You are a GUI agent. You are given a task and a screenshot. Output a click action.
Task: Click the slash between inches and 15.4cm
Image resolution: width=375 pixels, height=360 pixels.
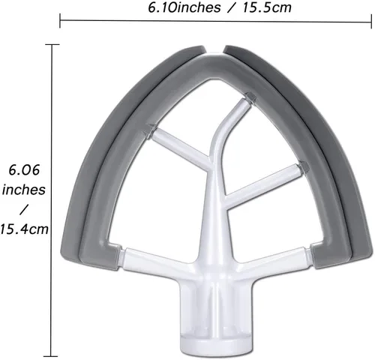[27, 207]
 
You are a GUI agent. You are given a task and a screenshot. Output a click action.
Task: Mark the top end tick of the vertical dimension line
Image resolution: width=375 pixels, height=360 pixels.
[52, 44]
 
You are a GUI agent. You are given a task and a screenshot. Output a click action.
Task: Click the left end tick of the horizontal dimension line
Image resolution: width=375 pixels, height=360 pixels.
[60, 21]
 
